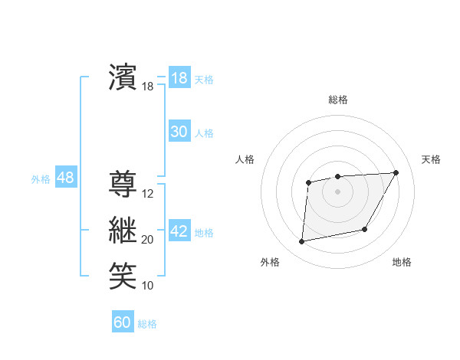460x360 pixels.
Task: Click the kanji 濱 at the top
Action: [123, 77]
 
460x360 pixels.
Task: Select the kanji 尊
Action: [123, 185]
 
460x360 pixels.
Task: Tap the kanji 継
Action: [123, 230]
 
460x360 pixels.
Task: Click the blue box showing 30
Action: [179, 132]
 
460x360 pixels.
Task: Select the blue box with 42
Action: [179, 231]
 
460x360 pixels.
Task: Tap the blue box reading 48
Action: [65, 178]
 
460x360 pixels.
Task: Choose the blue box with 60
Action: [122, 322]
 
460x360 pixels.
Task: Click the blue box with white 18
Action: [179, 77]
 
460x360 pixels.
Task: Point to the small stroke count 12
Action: [148, 194]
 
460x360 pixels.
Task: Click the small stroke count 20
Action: [148, 240]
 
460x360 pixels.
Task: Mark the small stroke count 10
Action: [148, 286]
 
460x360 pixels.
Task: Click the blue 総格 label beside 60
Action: [147, 324]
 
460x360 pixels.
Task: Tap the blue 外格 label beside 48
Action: [41, 179]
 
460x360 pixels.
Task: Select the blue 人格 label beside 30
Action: [204, 133]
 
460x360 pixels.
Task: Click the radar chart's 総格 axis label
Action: [337, 100]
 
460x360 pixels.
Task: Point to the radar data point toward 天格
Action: [396, 172]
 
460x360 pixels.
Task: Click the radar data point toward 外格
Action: [302, 241]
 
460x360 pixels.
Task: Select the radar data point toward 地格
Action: [365, 229]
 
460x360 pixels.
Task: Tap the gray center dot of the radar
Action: [337, 191]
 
